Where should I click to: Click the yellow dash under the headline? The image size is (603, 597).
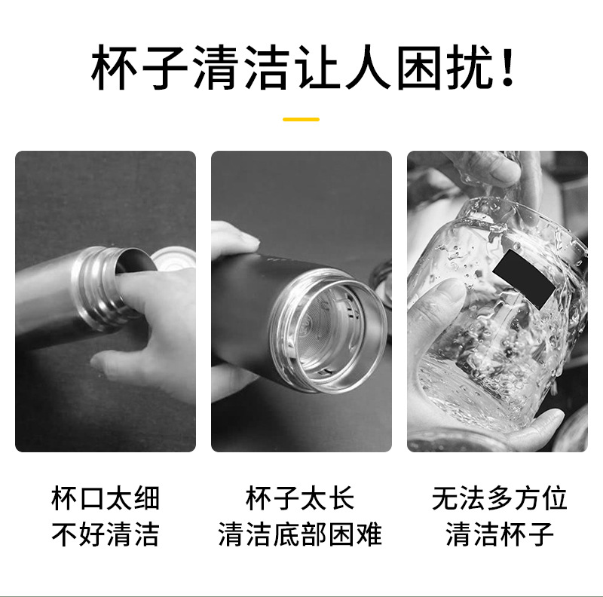pyautogui.click(x=301, y=119)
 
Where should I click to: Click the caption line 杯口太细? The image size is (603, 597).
pyautogui.click(x=106, y=499)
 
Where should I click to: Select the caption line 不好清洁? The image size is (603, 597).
pyautogui.click(x=106, y=534)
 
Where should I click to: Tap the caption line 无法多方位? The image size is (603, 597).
pyautogui.click(x=499, y=499)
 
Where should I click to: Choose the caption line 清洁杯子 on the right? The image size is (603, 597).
pyautogui.click(x=499, y=534)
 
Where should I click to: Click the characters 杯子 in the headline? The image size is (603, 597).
pyautogui.click(x=139, y=69)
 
